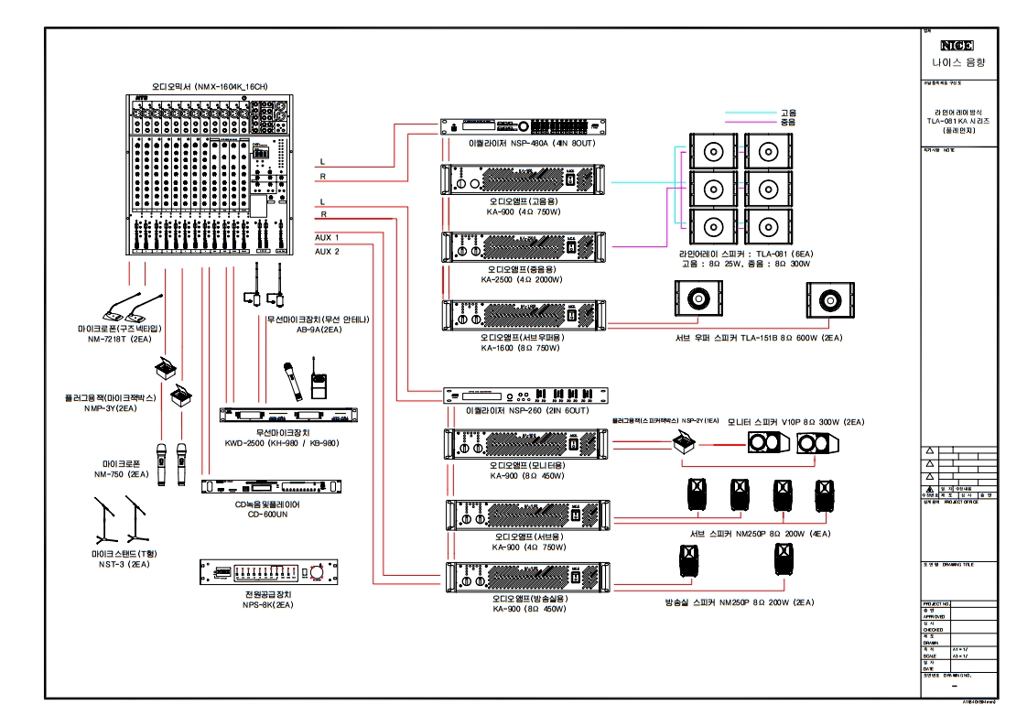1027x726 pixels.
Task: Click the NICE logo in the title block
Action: [x=957, y=45]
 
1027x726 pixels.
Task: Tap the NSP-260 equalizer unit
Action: [x=524, y=396]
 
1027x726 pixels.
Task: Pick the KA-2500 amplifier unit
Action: [x=524, y=247]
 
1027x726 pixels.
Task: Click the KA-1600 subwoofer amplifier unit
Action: [x=524, y=316]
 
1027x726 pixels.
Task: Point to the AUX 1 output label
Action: [x=327, y=237]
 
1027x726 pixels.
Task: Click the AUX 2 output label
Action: [x=327, y=251]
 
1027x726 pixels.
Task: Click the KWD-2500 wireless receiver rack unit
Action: [x=282, y=415]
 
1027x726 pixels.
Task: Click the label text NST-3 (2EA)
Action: [x=119, y=565]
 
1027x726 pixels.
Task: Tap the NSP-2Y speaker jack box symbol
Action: [x=683, y=443]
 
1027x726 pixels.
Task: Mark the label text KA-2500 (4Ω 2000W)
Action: [x=523, y=280]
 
